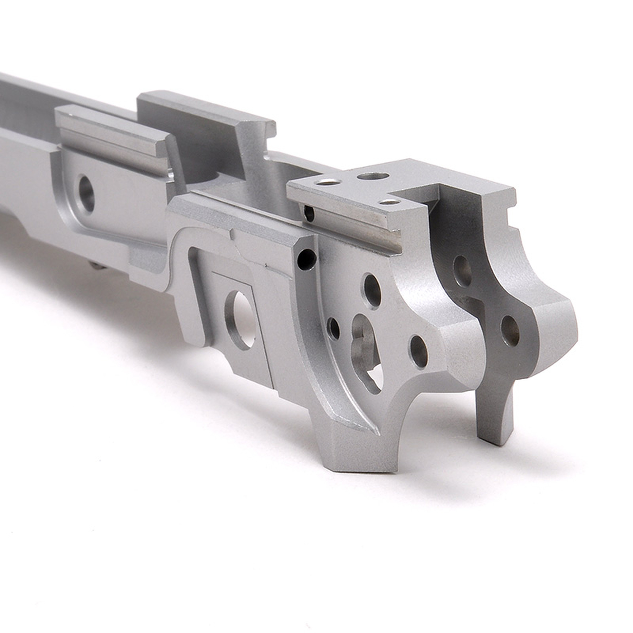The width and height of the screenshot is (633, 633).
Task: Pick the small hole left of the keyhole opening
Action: point(334,328)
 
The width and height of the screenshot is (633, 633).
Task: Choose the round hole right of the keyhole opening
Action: point(419,351)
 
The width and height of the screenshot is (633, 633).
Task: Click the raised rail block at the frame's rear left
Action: point(111,131)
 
